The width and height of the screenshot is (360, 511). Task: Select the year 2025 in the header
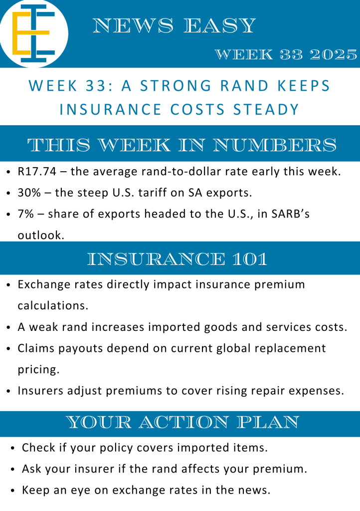point(333,54)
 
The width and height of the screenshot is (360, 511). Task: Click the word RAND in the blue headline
point(244,86)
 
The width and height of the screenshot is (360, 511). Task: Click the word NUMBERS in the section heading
point(274,145)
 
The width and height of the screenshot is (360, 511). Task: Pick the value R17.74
point(37,172)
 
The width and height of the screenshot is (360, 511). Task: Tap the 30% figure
point(29,193)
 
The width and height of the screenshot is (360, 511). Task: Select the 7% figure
point(26,214)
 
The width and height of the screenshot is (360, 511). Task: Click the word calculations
point(53,306)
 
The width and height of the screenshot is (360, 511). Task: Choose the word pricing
point(38,370)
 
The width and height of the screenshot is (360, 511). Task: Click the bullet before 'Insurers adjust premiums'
point(8,391)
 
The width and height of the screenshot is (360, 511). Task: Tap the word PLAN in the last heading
point(268,422)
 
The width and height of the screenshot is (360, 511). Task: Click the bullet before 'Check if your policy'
point(12,449)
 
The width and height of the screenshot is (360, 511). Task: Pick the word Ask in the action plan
point(31,469)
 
